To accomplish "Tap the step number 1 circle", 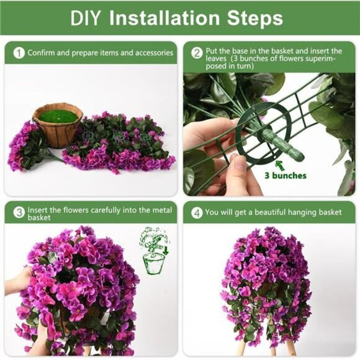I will pos(19,53).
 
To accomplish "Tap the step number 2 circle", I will pos(197,53).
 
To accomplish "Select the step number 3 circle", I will pos(19,212).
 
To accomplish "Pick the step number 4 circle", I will pos(197,212).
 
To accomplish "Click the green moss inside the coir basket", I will pos(58,116).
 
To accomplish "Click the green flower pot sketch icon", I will pos(152,251).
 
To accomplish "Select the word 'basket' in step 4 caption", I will pos(329,212).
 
